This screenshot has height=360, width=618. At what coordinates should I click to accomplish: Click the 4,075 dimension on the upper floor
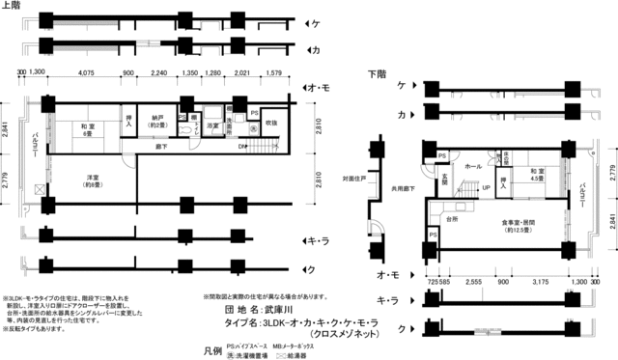pos(85,72)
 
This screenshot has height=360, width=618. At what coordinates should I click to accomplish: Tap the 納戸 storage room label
pos(154,123)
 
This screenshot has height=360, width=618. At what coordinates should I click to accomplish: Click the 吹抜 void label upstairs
pos(271,123)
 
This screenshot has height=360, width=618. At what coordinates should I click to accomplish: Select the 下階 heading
pos(378,73)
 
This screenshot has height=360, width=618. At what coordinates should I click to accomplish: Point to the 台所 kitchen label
pos(452,219)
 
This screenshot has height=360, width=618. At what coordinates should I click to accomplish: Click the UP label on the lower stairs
pos(486,187)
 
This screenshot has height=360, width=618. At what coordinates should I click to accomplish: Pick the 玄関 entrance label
pos(445,180)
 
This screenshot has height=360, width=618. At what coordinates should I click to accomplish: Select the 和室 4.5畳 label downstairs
pos(536,175)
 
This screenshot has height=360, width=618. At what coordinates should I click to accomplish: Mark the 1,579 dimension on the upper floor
pos(273,72)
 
